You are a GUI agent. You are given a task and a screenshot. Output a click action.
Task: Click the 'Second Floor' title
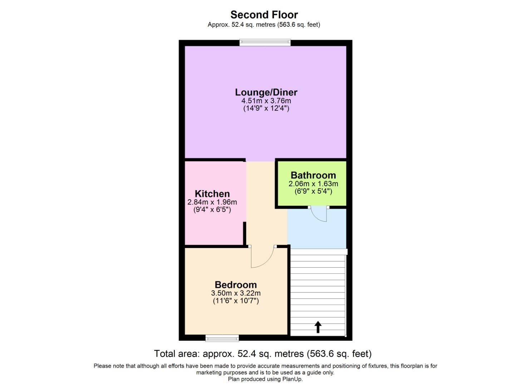coord(264,15)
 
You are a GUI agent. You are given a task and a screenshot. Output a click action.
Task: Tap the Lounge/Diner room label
coord(266,92)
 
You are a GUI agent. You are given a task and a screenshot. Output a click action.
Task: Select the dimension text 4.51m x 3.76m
coord(266,101)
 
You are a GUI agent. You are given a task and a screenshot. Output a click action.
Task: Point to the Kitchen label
coord(212,194)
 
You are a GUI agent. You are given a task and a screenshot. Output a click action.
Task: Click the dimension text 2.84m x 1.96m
coord(212,202)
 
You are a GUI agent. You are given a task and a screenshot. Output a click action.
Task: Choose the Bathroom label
coord(313,175)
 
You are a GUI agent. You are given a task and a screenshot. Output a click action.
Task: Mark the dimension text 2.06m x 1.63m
coord(313,184)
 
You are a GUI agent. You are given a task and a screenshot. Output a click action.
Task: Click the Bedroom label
coord(236,285)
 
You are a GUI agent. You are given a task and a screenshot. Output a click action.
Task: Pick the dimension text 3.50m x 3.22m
coord(236,293)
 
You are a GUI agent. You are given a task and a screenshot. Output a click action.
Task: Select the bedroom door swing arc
coord(263,259)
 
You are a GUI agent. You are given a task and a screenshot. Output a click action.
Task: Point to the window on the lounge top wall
coord(265,43)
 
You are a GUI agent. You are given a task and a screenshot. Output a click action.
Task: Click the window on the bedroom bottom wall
coord(222,338)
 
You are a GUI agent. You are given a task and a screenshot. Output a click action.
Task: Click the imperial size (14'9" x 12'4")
coord(266,108)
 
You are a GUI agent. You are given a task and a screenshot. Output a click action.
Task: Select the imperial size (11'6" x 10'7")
coord(236,301)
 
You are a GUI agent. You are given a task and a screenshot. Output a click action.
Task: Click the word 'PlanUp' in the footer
coord(292,379)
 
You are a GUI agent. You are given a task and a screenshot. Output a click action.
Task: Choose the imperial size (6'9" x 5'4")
coord(313,191)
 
